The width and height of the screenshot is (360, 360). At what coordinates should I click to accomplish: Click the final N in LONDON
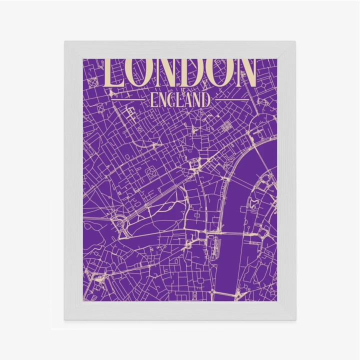coord(245,73)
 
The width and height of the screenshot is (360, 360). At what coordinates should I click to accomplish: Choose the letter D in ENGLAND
coord(205,100)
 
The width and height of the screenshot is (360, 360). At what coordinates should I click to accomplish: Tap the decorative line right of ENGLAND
coord(229,100)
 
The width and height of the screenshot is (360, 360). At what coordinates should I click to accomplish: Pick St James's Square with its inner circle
coord(150,173)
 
